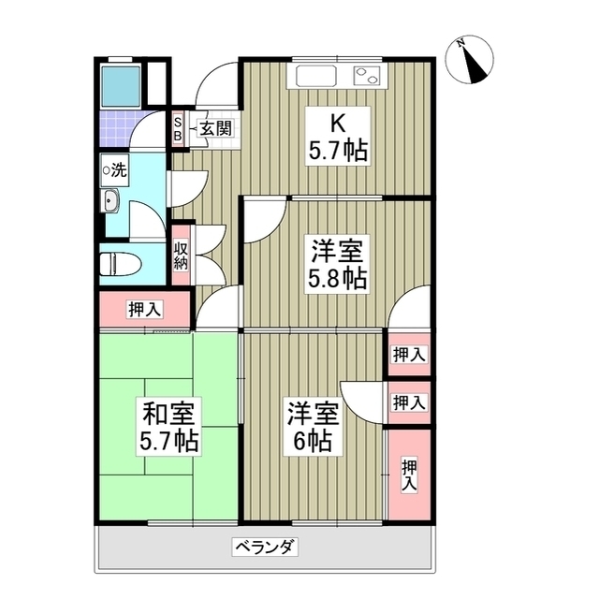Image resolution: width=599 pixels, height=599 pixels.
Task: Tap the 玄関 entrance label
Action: tap(214, 129)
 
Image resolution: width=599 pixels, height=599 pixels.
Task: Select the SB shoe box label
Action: tap(177, 129)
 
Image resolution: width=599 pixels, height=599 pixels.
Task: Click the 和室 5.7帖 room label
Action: tap(169, 427)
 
